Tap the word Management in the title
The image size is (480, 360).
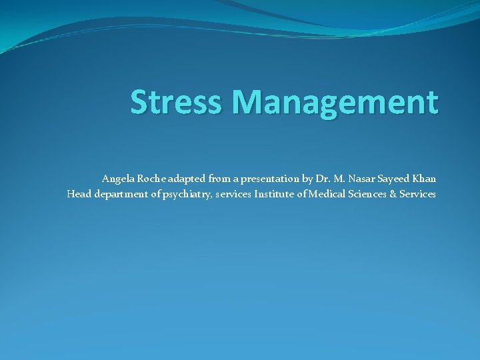tap(335, 102)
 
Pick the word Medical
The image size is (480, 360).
tap(326, 194)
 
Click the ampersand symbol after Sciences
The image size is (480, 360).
tap(393, 194)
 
